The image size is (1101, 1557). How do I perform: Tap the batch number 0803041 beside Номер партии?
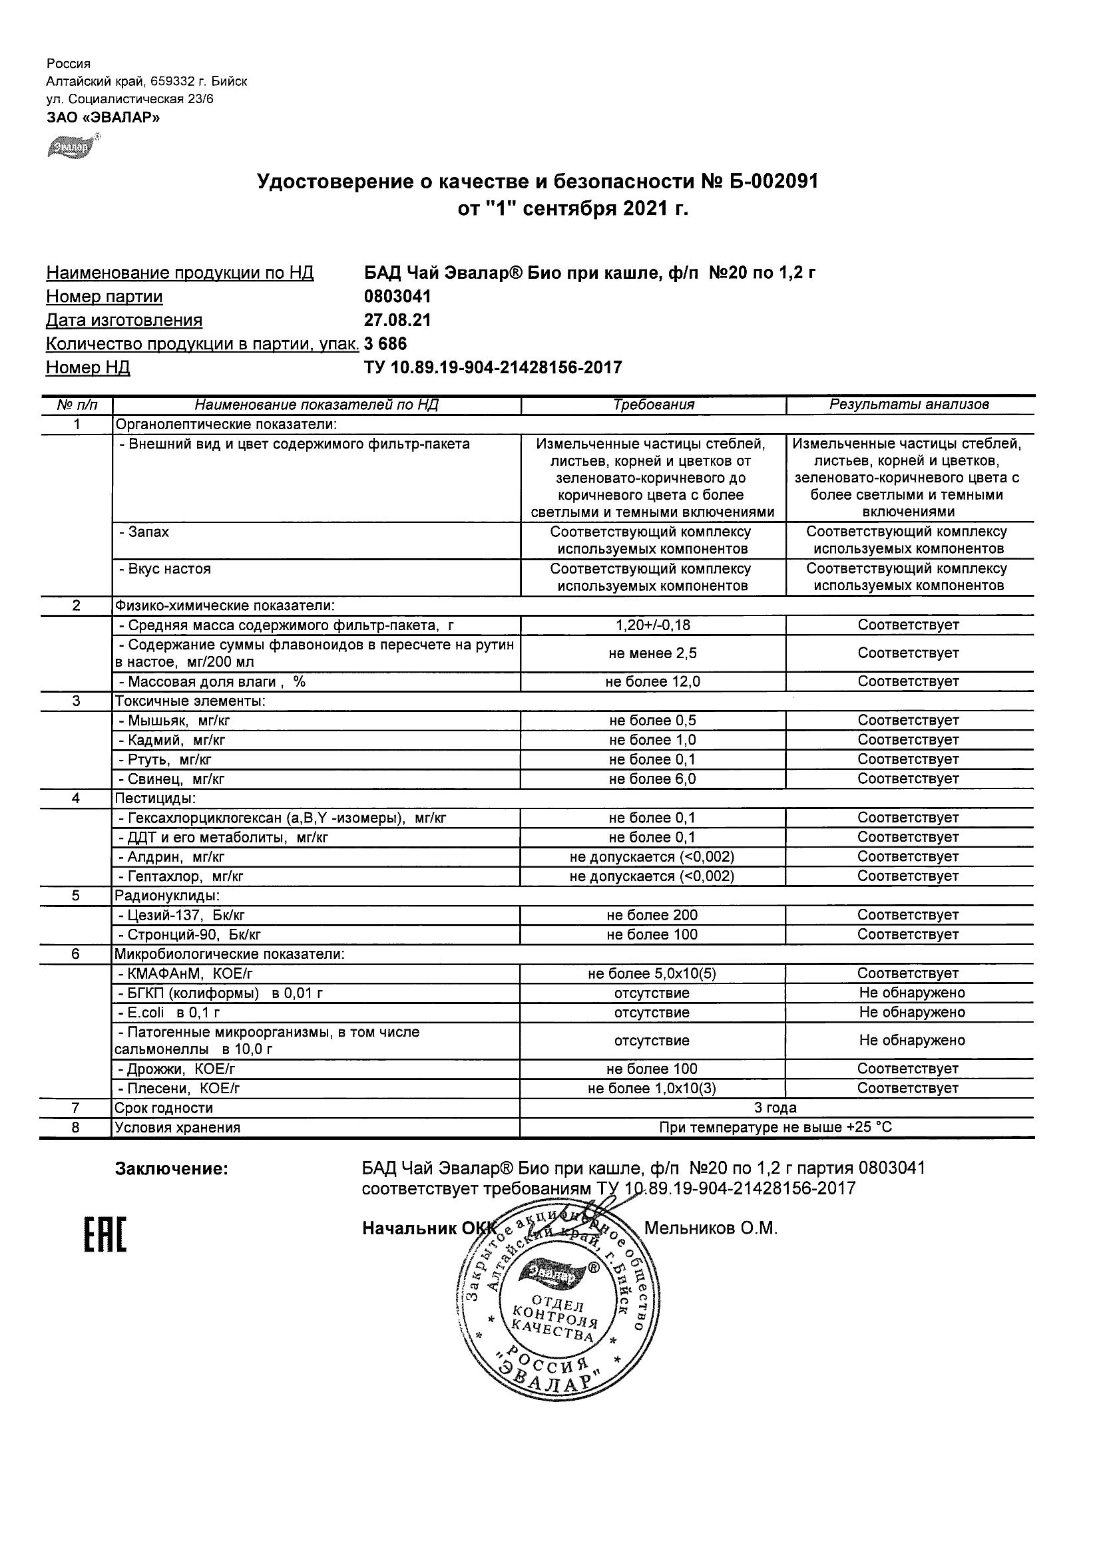pyautogui.click(x=397, y=296)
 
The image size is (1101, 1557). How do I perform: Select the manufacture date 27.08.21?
pyautogui.click(x=397, y=320)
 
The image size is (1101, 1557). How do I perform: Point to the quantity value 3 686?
pyautogui.click(x=385, y=344)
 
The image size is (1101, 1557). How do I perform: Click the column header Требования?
pyautogui.click(x=653, y=405)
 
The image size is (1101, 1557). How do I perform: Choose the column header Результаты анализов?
pyautogui.click(x=909, y=405)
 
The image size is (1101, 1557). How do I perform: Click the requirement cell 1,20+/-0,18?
pyautogui.click(x=652, y=625)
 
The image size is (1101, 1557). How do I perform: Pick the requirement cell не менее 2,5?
pyautogui.click(x=652, y=653)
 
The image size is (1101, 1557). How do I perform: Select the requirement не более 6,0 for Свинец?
pyautogui.click(x=652, y=779)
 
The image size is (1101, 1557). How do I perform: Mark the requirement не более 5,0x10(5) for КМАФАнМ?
pyautogui.click(x=652, y=974)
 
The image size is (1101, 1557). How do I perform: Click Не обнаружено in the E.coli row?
pyautogui.click(x=912, y=1013)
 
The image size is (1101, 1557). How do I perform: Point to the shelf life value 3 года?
pyautogui.click(x=775, y=1108)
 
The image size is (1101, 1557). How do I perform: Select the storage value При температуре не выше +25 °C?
pyautogui.click(x=775, y=1128)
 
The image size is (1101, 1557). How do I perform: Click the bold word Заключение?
pyautogui.click(x=172, y=1169)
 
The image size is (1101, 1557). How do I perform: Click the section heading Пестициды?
pyautogui.click(x=155, y=799)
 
